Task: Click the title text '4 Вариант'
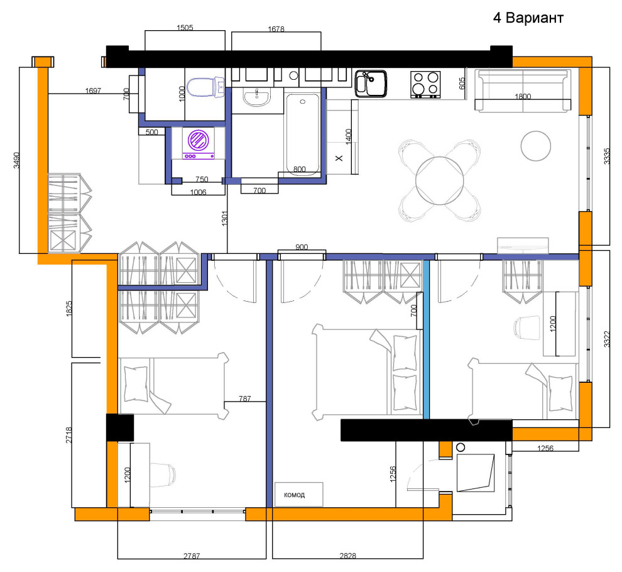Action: tap(528, 18)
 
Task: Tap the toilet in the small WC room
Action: tap(206, 87)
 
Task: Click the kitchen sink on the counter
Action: tap(371, 84)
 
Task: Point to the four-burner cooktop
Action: tap(425, 85)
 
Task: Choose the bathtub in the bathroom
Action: tap(302, 133)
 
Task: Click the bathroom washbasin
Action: tap(257, 98)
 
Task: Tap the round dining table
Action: tap(440, 180)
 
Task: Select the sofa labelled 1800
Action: tap(523, 91)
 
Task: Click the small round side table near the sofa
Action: tap(535, 146)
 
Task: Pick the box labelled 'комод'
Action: tap(298, 494)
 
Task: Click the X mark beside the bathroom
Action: tap(339, 158)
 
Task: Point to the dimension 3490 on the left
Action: tap(16, 160)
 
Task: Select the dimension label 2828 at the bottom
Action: tap(347, 556)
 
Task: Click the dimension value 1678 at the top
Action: tap(276, 29)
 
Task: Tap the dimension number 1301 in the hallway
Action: tap(225, 218)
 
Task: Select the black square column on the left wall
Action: tap(120, 427)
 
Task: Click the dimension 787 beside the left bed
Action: tap(245, 398)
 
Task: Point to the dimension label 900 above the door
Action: tap(302, 247)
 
